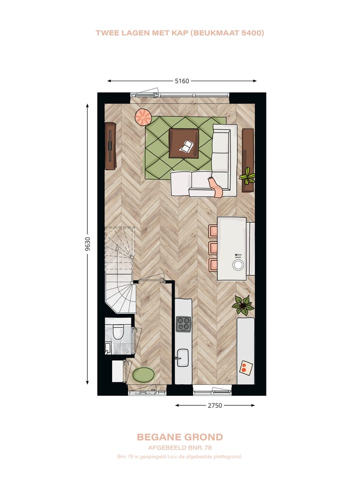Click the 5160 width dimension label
pyautogui.click(x=181, y=81)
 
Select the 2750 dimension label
pyautogui.click(x=214, y=405)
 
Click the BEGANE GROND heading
pyautogui.click(x=179, y=437)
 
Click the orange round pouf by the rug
pyautogui.click(x=143, y=117)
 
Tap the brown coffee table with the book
pyautogui.click(x=183, y=143)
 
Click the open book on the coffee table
pyautogui.click(x=187, y=147)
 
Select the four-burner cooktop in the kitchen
pyautogui.click(x=183, y=324)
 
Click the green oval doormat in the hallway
pyautogui.click(x=143, y=374)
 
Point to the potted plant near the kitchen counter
pyautogui.click(x=243, y=304)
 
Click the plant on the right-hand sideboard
pyautogui.click(x=247, y=176)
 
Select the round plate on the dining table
pyautogui.click(x=238, y=265)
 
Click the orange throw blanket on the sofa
pyautogui.click(x=216, y=186)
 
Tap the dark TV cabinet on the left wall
pyautogui.click(x=110, y=146)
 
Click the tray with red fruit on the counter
pyautogui.click(x=244, y=368)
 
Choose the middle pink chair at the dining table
pyautogui.click(x=213, y=247)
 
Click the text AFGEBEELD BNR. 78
pyautogui.click(x=179, y=447)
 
